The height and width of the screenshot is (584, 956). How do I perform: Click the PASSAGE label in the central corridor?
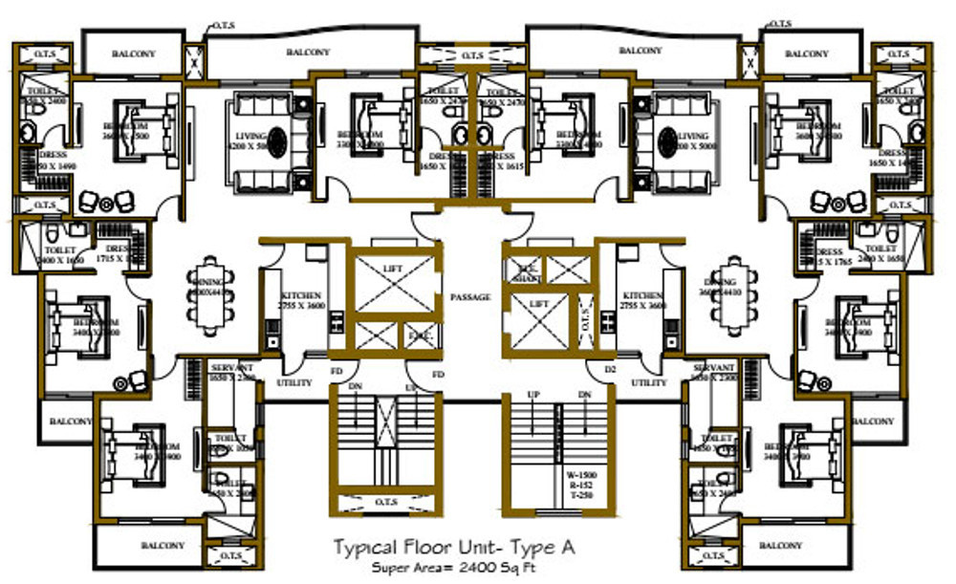pyautogui.click(x=470, y=297)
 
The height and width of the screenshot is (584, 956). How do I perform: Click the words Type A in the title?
pyautogui.click(x=545, y=547)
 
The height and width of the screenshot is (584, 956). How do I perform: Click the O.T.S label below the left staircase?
pyautogui.click(x=387, y=502)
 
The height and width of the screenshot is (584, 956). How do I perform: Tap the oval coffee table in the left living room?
pyautogui.click(x=276, y=142)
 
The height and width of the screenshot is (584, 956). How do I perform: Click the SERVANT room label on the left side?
pyautogui.click(x=231, y=367)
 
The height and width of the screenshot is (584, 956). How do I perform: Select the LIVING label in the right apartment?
pyautogui.click(x=692, y=136)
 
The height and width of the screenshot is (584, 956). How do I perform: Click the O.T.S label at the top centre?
pyautogui.click(x=472, y=56)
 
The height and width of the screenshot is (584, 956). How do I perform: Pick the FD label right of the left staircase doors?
pyautogui.click(x=438, y=374)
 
